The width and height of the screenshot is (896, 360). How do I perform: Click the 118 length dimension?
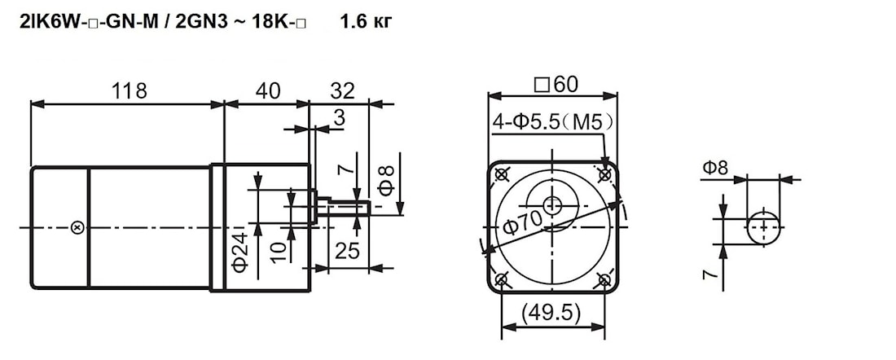(x=130, y=90)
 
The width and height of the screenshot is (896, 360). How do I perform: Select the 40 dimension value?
(x=267, y=90)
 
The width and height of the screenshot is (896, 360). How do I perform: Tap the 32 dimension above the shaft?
(x=342, y=90)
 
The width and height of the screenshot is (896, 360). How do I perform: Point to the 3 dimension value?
(x=340, y=118)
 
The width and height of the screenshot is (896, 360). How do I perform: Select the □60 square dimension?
(x=555, y=85)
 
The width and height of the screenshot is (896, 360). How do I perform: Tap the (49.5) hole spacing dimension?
(x=552, y=312)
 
